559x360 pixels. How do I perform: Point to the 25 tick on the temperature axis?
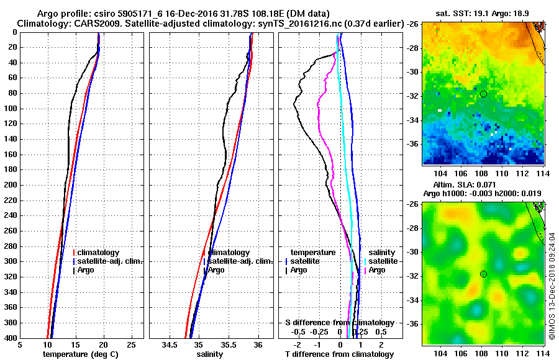coord(131,345)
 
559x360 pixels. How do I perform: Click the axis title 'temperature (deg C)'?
coord(80,354)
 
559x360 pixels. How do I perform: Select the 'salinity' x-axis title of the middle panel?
coord(209,354)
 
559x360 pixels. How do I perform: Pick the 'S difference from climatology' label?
coord(340,323)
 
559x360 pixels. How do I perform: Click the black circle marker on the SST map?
coord(483,94)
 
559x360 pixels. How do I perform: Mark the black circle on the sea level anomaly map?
coord(483,274)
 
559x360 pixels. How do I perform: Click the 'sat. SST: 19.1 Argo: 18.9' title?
coord(484,12)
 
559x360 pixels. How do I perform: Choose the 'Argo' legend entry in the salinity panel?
coord(216,270)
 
